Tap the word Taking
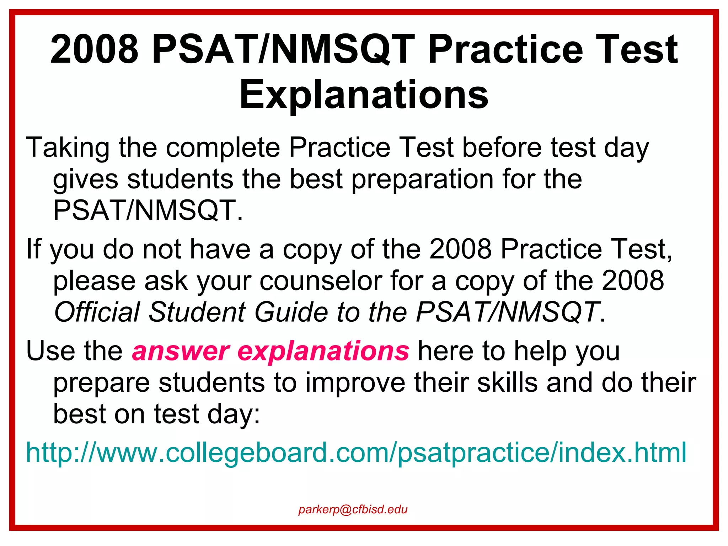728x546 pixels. pyautogui.click(x=68, y=148)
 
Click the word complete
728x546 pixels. pyautogui.click(x=223, y=148)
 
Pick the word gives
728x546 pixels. pyautogui.click(x=85, y=179)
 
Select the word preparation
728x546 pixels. pyautogui.click(x=423, y=180)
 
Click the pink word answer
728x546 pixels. pyautogui.click(x=181, y=351)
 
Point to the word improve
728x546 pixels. pyautogui.click(x=355, y=382)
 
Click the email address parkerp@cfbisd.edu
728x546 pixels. pyautogui.click(x=353, y=509)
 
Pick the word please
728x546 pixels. pyautogui.click(x=94, y=282)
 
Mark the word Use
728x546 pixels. pyautogui.click(x=50, y=351)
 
